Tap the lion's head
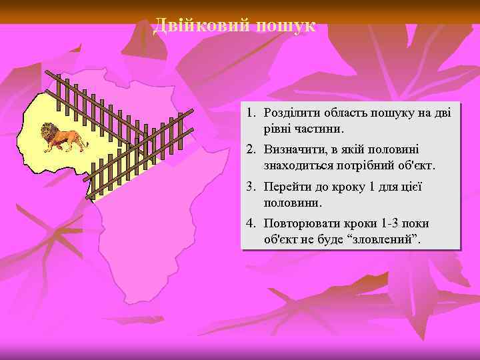[48, 131]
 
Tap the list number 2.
[254, 150]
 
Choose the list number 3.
[254, 187]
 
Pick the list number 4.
[254, 223]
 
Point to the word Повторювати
[298, 223]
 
